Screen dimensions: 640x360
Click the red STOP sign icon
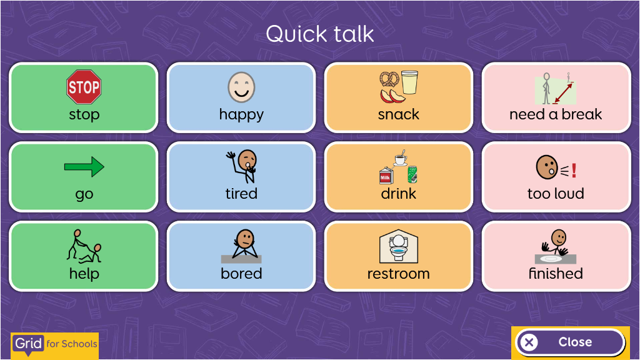(84, 86)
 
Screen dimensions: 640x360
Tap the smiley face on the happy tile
(241, 87)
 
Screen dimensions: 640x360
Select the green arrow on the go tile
(84, 166)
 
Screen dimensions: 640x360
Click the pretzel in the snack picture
(389, 79)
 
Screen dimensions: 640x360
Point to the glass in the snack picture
(409, 82)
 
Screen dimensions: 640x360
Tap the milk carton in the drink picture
(386, 176)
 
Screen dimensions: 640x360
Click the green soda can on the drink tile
(412, 174)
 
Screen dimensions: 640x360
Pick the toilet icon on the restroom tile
(398, 246)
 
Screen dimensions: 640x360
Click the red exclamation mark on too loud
(574, 171)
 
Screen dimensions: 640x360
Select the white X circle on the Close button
(529, 342)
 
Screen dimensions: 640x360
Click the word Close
(575, 342)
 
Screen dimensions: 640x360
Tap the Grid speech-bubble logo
(28, 344)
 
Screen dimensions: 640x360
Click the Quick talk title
(320, 34)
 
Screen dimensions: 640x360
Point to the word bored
(241, 274)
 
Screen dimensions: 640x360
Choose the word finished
(556, 274)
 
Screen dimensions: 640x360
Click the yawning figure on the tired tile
(242, 166)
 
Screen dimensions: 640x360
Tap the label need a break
(556, 114)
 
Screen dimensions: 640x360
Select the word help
(84, 274)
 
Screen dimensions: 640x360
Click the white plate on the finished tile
(551, 259)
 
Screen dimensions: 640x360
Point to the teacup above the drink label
(401, 158)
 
